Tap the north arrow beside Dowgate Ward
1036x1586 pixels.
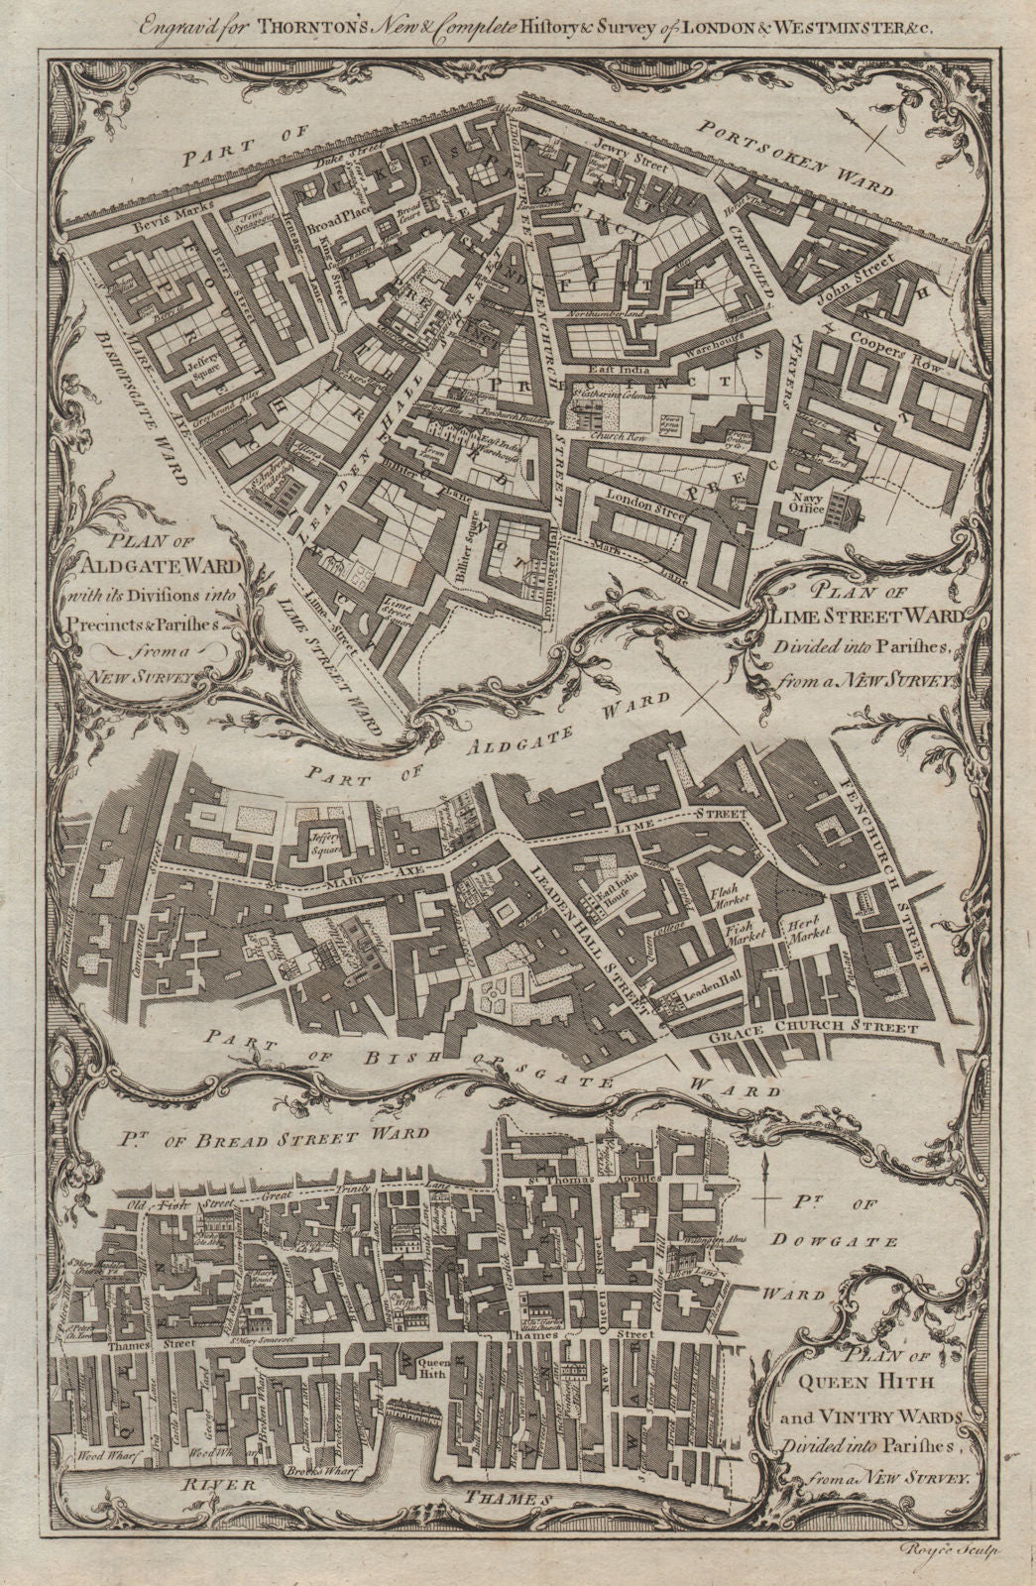[x=765, y=1196]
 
